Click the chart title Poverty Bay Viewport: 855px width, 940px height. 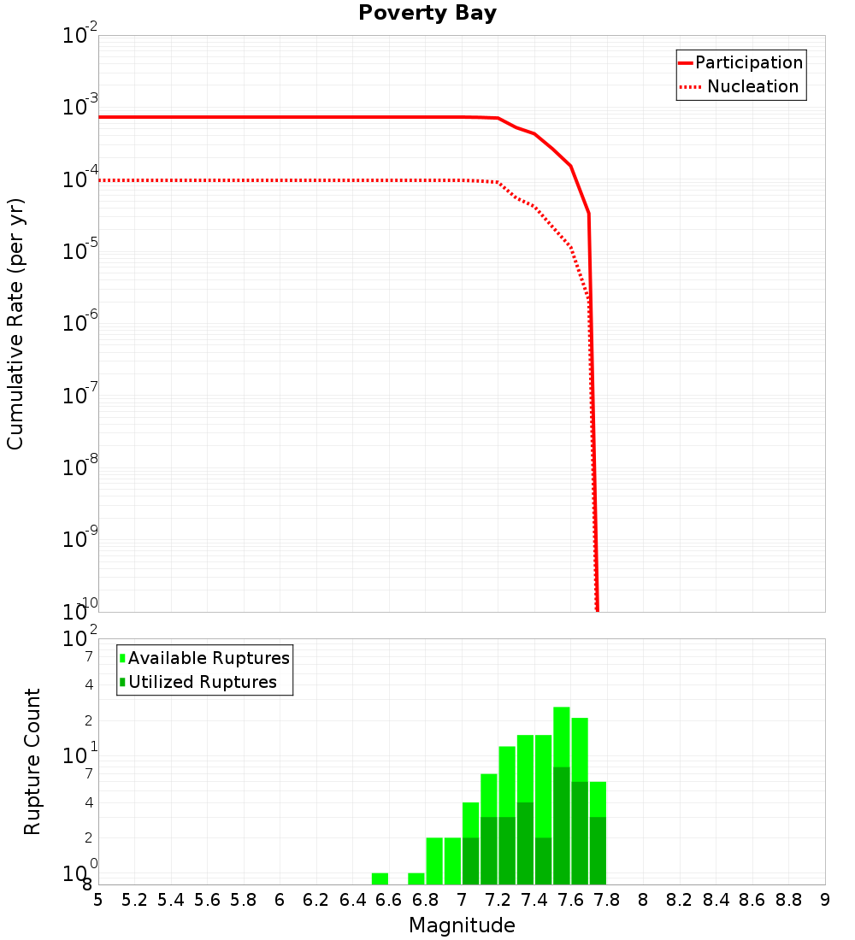pos(427,14)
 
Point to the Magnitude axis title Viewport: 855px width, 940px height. pos(462,925)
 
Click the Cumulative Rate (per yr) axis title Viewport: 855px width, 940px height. pos(15,323)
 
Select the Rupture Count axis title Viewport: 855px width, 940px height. pos(32,761)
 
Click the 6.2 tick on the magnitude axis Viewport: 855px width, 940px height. pos(316,900)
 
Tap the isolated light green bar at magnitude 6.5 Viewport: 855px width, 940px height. pos(380,878)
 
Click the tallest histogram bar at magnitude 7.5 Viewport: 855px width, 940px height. pos(561,795)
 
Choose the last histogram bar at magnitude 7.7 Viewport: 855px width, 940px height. pos(598,833)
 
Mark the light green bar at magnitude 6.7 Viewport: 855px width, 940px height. pos(416,878)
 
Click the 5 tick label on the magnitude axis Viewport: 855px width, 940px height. pos(98,900)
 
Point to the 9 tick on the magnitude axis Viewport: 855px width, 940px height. pos(825,900)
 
